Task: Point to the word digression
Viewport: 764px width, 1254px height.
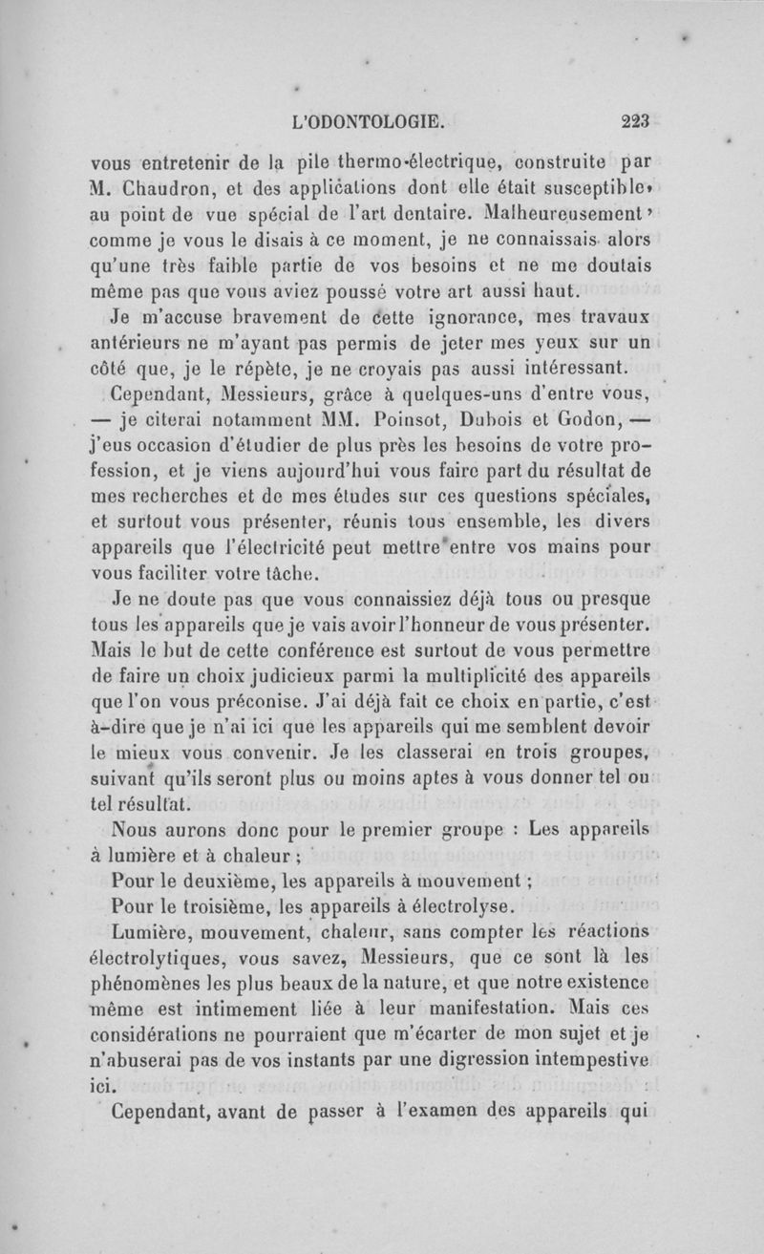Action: point(457,1059)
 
